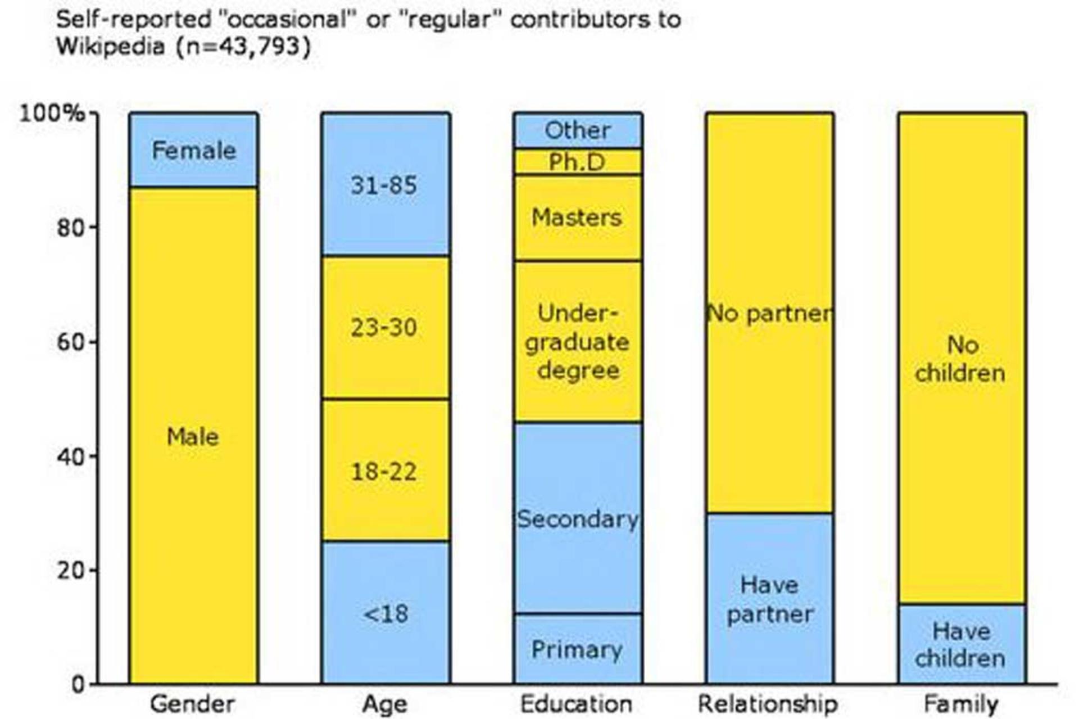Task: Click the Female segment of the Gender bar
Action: tap(194, 150)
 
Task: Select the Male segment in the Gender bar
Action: tap(194, 436)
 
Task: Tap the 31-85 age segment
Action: tap(386, 184)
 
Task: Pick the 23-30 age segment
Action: tap(386, 327)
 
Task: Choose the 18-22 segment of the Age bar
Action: tap(386, 470)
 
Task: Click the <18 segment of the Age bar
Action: tap(386, 613)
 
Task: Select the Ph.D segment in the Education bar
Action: tap(578, 161)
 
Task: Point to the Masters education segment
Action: tap(578, 218)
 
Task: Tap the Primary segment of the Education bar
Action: tap(578, 649)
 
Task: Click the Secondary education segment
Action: tap(578, 518)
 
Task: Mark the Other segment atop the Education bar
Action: tap(578, 130)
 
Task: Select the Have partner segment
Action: tap(770, 599)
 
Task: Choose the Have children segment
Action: tap(962, 644)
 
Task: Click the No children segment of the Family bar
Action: tap(962, 359)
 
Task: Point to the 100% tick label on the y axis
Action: tap(53, 114)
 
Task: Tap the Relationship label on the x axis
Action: tap(768, 704)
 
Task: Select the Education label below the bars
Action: tap(577, 704)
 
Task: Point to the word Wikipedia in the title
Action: tap(111, 46)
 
